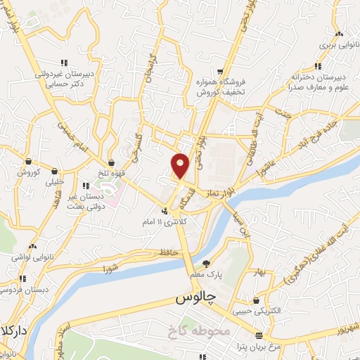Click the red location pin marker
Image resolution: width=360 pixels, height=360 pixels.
click(x=181, y=165)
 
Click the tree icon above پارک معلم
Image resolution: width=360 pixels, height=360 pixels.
click(x=205, y=264)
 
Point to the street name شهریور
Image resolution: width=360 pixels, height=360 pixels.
click(x=345, y=326)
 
